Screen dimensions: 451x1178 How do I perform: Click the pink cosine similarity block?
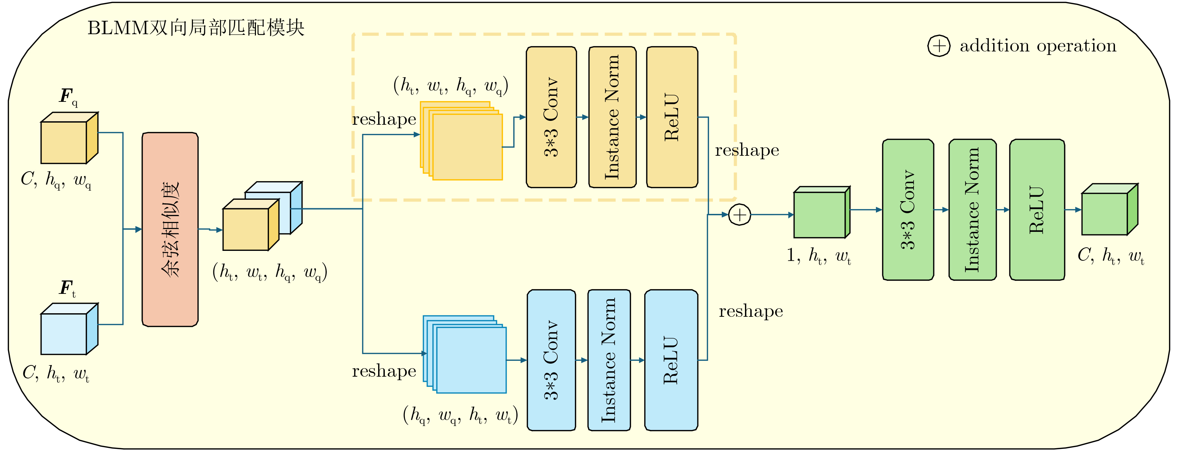[x=170, y=229]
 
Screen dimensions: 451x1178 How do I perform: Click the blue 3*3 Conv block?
[x=551, y=360]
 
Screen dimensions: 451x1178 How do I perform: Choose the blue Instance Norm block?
[x=609, y=360]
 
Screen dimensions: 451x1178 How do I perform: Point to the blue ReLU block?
[x=671, y=360]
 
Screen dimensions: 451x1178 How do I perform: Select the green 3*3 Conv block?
[x=908, y=210]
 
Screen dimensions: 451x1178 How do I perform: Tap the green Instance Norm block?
[x=972, y=210]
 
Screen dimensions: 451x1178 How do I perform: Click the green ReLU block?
[x=1037, y=210]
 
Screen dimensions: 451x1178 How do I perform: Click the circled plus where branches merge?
[x=739, y=215]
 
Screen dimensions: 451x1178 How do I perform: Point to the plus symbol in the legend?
[x=939, y=46]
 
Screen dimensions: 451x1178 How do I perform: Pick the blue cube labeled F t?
[x=69, y=330]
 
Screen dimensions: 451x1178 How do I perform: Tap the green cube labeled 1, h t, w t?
[x=821, y=213]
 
